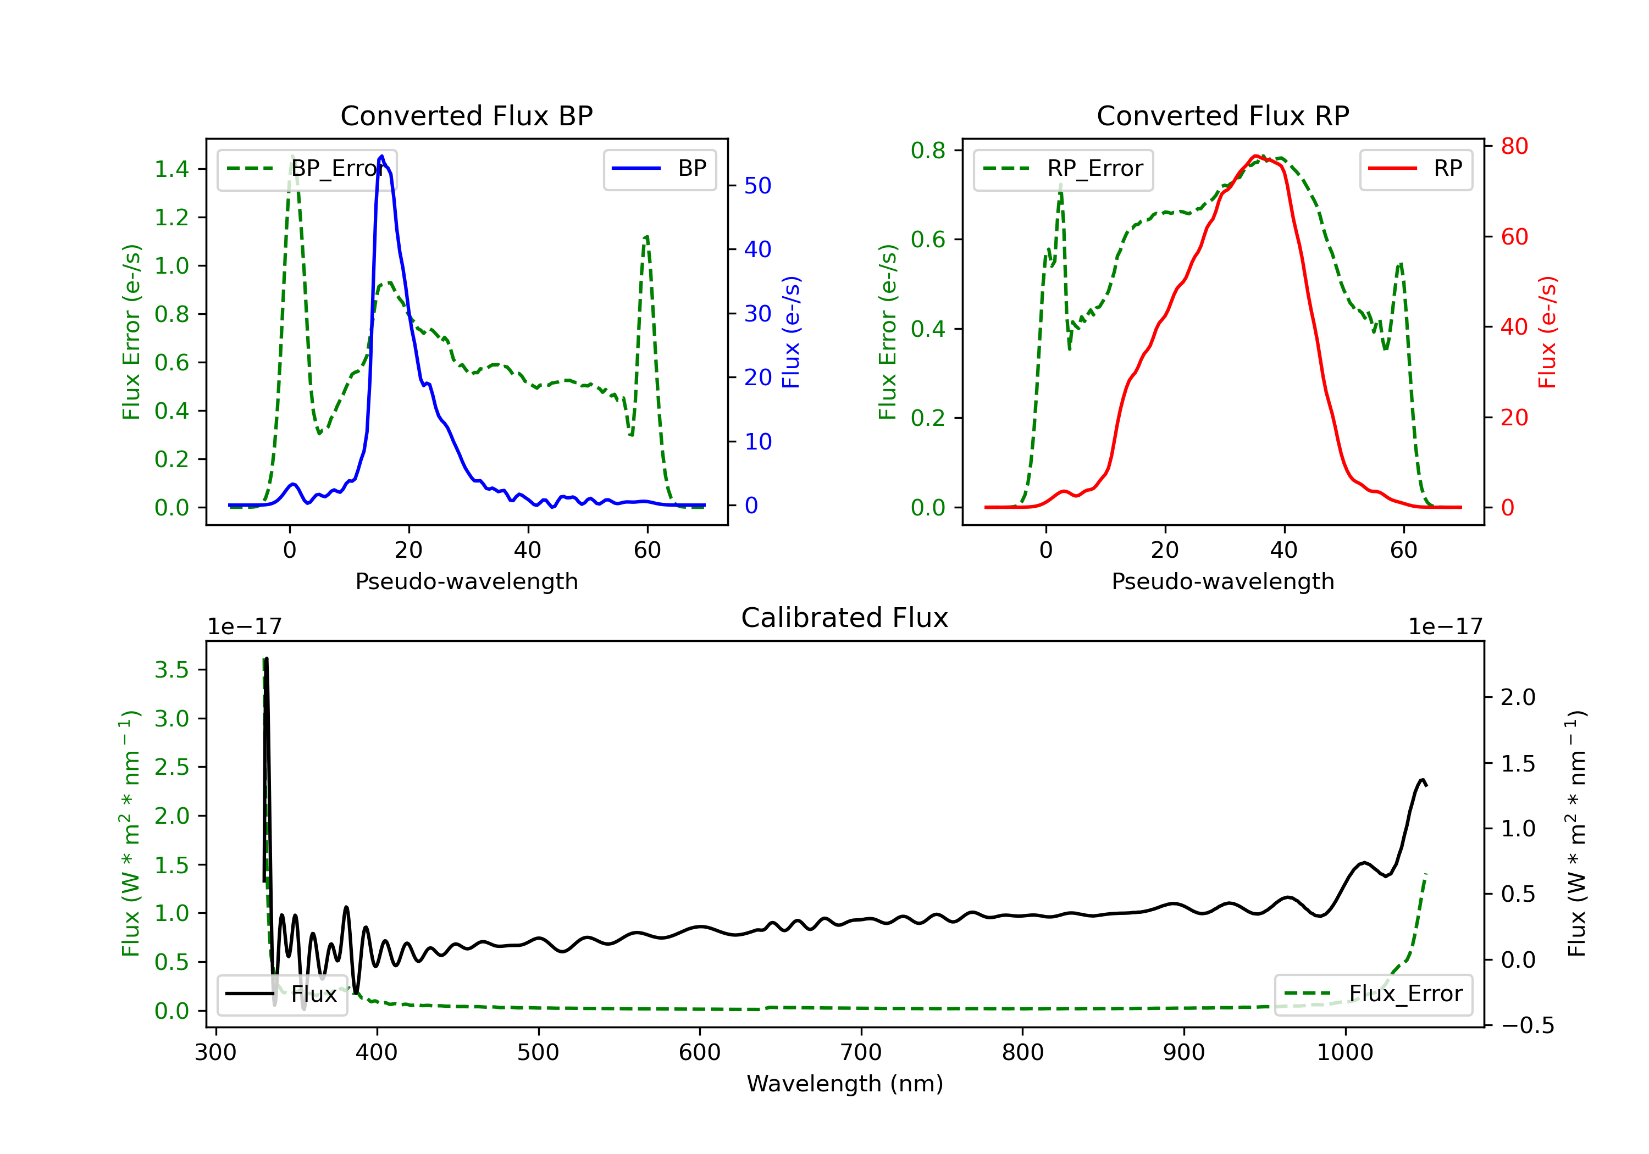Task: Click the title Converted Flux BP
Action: [x=467, y=115]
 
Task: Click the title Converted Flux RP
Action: [x=1223, y=115]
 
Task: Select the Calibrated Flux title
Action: [x=845, y=618]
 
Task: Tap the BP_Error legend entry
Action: [x=307, y=169]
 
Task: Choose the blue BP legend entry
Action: [x=659, y=169]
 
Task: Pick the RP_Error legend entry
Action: [x=1063, y=169]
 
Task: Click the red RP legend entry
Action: [x=1415, y=169]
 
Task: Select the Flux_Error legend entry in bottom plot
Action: [x=1373, y=994]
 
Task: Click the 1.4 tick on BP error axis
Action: [x=171, y=169]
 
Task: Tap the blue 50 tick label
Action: [x=757, y=186]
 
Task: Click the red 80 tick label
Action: [x=1514, y=147]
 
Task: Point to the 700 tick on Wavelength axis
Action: [x=861, y=1053]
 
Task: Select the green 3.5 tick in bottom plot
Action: [x=171, y=670]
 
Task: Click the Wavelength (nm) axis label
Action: [x=845, y=1084]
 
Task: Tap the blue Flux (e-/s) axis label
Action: [x=791, y=332]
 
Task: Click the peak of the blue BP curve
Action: [x=381, y=156]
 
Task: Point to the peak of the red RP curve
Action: [x=1255, y=156]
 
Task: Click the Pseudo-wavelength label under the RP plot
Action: [x=1223, y=581]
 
